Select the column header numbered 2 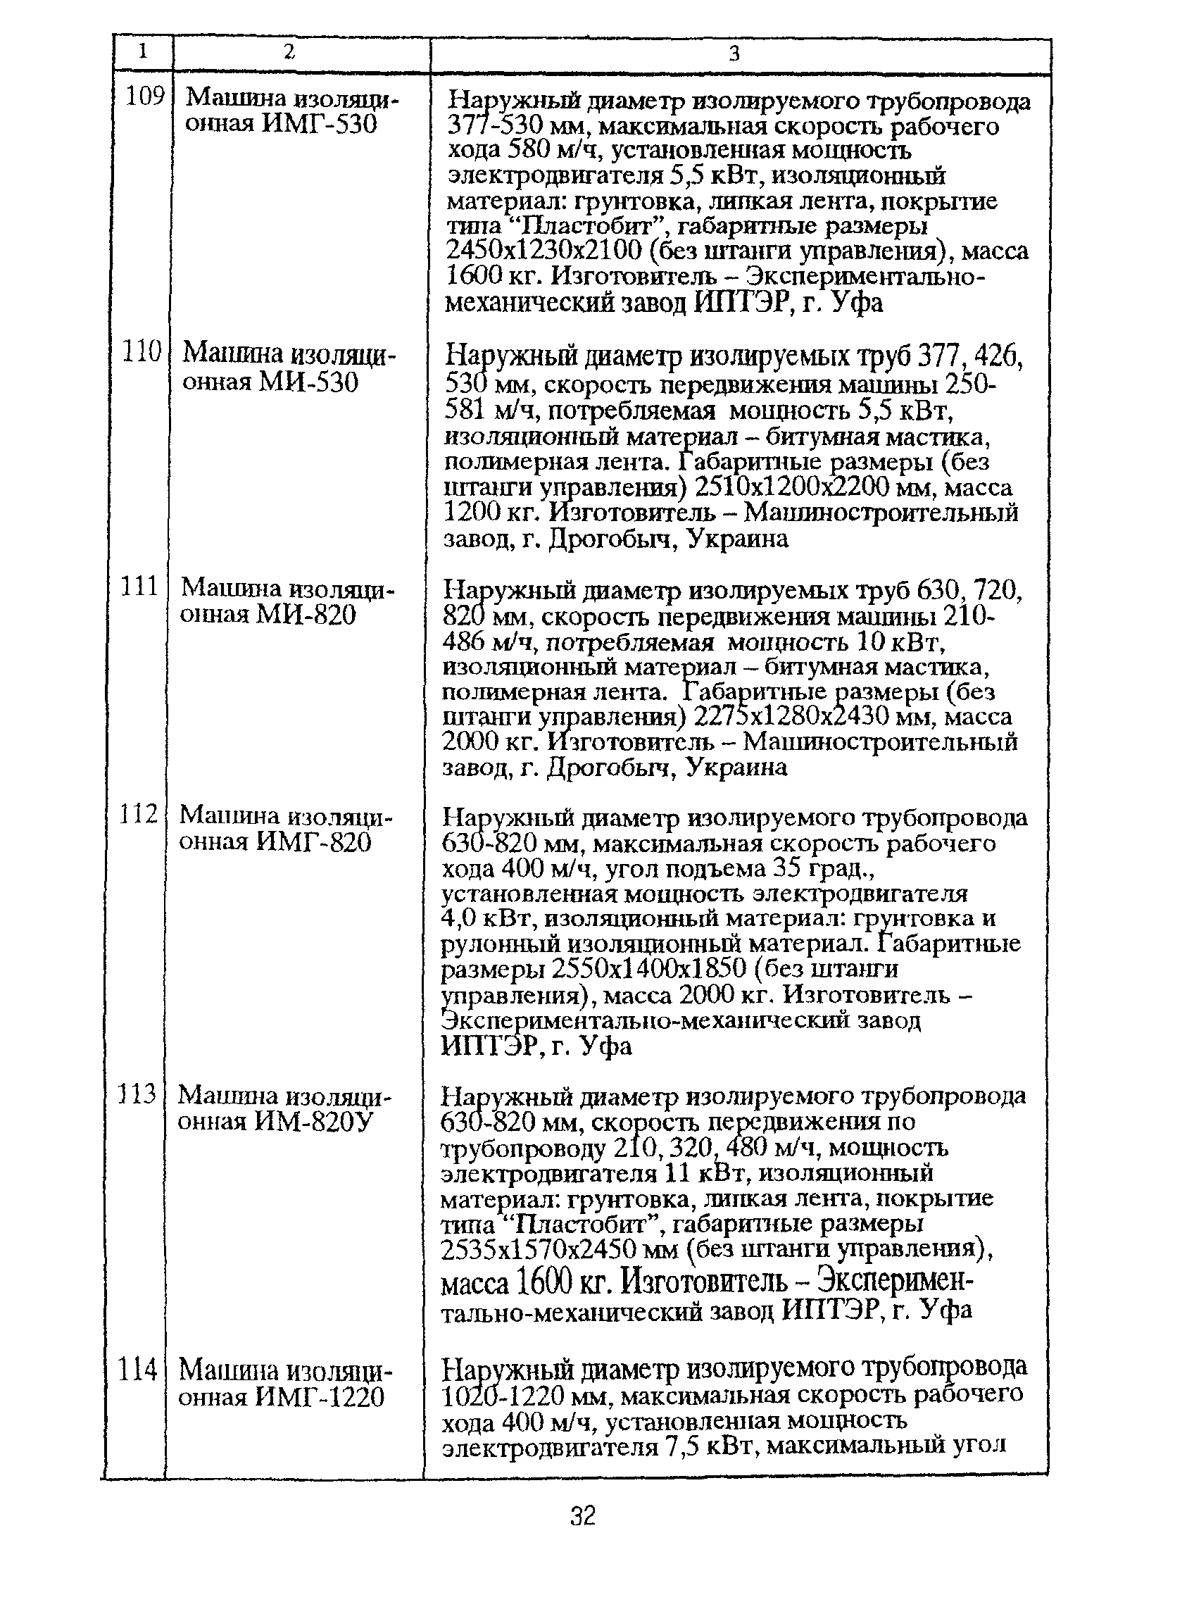pyautogui.click(x=289, y=51)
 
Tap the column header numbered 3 pyautogui.click(x=734, y=54)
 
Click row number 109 pyautogui.click(x=145, y=96)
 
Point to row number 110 pyautogui.click(x=142, y=352)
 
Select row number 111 pyautogui.click(x=139, y=586)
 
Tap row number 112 pyautogui.click(x=139, y=814)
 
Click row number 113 pyautogui.click(x=137, y=1094)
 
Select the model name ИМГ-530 pyautogui.click(x=319, y=125)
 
